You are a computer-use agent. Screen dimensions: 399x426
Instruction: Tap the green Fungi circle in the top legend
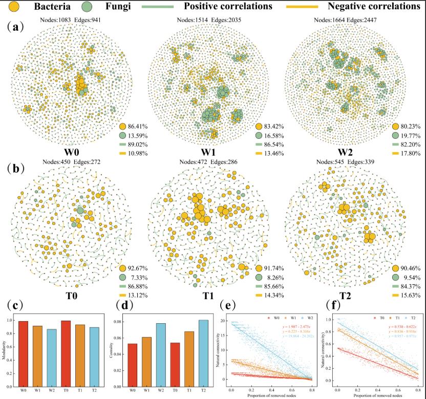(87, 7)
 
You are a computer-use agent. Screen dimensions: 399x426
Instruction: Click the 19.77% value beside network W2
(413, 136)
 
